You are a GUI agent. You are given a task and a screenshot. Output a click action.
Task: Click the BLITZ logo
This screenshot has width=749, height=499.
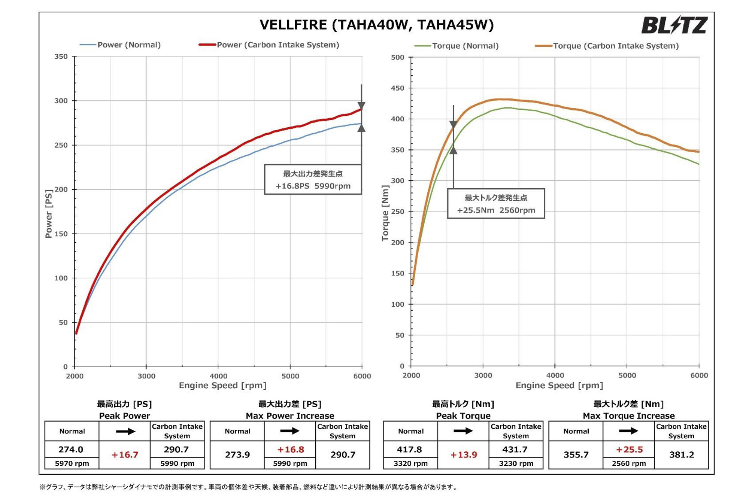[674, 25]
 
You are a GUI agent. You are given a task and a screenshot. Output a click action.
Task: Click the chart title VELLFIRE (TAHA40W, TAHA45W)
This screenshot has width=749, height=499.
[376, 25]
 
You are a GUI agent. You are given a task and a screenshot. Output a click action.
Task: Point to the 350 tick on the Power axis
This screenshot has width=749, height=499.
[61, 57]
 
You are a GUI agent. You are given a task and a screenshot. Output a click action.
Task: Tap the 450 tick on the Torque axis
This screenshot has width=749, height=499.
[398, 88]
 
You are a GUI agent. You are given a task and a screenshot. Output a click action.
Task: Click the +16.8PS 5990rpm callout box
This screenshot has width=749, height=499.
[313, 180]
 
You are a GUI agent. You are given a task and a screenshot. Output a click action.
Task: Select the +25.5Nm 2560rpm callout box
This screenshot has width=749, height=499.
[496, 204]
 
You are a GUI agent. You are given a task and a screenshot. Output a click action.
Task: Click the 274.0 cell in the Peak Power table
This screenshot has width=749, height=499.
[71, 449]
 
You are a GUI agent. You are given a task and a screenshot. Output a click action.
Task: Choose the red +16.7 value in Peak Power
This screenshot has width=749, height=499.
[125, 455]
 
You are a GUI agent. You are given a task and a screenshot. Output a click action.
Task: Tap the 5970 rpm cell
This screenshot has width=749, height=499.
[72, 463]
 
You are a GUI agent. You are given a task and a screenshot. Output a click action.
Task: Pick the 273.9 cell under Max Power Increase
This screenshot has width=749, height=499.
[237, 455]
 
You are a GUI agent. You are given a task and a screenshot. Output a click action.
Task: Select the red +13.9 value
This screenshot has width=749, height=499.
[463, 455]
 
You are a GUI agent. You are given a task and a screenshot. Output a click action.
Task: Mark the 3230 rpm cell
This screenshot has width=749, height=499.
[516, 463]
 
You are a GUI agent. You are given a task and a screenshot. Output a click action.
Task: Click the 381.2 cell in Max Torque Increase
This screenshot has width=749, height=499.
[681, 455]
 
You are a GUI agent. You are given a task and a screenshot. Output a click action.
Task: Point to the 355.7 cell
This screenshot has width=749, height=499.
[576, 455]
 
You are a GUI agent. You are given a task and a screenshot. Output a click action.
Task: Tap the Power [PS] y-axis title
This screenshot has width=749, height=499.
[49, 214]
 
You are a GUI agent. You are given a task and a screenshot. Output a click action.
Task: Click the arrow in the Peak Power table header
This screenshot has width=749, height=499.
[125, 431]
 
